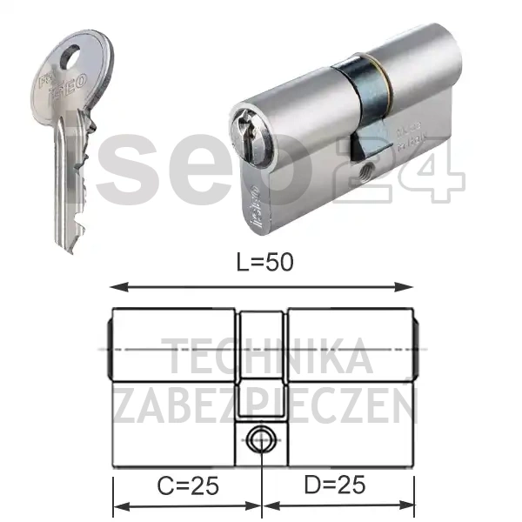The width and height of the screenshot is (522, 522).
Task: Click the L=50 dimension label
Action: pyautogui.click(x=260, y=264)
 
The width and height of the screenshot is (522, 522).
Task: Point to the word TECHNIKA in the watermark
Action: pyautogui.click(x=270, y=358)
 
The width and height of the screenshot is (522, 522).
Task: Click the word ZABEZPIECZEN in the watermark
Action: pyautogui.click(x=265, y=405)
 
